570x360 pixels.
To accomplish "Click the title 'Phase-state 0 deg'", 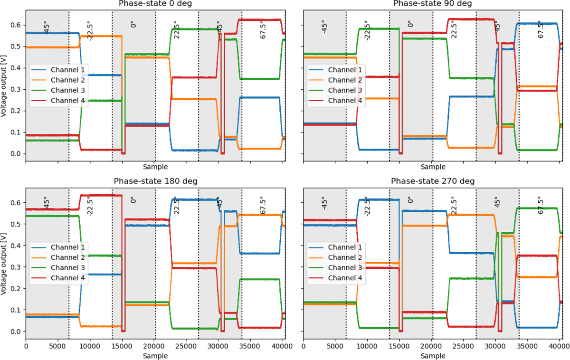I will (155, 4).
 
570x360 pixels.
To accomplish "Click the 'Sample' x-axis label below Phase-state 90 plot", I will (433, 167).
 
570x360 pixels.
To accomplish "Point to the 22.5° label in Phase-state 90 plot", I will (453, 29).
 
